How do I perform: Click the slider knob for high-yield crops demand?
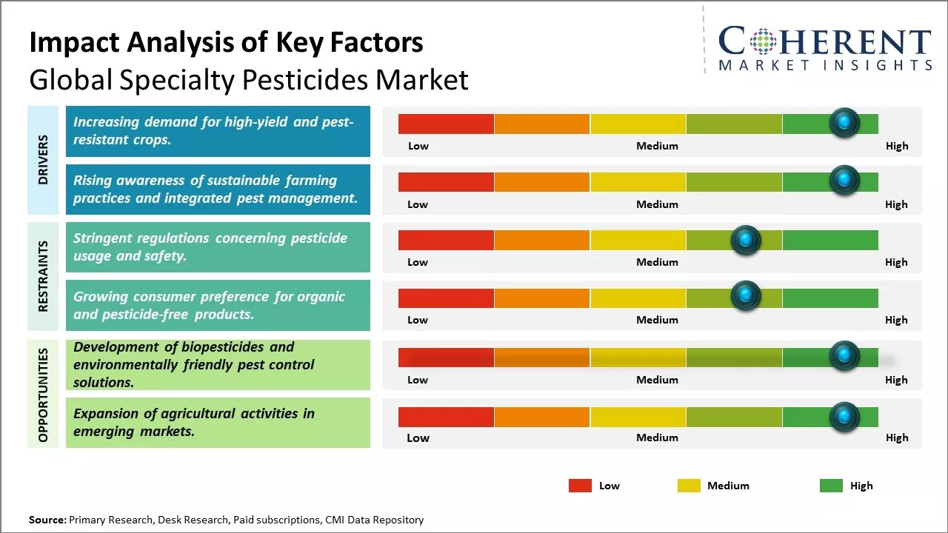844,123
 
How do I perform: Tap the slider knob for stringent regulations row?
746,240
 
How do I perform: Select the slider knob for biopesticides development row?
844,356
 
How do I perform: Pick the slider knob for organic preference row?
746,297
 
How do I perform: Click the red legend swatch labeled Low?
580,486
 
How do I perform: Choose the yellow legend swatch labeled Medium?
689,486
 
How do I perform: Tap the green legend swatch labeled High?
831,486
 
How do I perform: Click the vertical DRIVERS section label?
43,159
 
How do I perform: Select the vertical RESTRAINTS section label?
43,276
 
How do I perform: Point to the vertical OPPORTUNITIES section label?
43,395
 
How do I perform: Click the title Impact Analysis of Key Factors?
226,42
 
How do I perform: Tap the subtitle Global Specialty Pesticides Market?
249,79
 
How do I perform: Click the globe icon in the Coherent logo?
763,41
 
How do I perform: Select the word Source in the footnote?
47,520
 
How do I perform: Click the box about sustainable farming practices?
218,190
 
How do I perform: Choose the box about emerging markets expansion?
218,423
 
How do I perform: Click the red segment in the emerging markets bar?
446,417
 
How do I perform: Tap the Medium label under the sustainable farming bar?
657,204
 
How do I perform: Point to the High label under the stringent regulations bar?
896,262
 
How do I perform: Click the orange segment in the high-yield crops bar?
541,124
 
